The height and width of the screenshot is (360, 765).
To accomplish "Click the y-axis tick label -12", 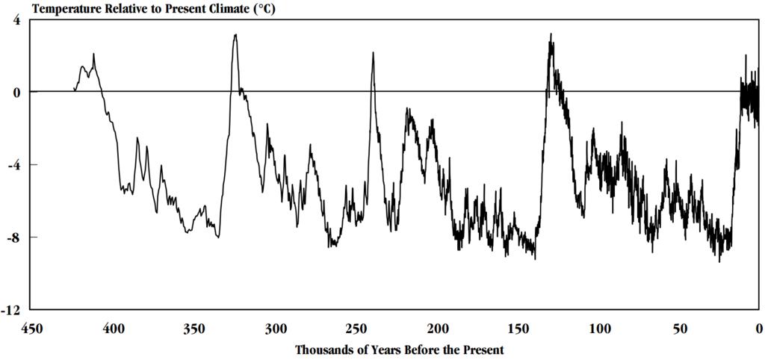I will (x=11, y=310).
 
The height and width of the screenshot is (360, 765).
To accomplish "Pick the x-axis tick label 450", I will (x=30, y=328).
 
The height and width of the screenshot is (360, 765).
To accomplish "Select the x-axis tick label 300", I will (x=276, y=328).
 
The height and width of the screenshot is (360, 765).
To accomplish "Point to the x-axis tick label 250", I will (x=357, y=328).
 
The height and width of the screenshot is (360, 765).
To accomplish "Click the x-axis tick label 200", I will (x=438, y=328).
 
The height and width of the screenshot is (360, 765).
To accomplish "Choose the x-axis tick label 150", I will (x=519, y=328).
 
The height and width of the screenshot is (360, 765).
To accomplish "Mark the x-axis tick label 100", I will (x=600, y=328).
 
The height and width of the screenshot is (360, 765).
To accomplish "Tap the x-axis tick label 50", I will (x=680, y=328).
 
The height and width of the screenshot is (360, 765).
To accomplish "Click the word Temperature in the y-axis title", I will (x=45, y=7).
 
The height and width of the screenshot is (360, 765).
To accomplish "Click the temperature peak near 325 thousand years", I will (x=235, y=34).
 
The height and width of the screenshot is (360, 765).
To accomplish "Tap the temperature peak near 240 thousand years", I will (x=372, y=53).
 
